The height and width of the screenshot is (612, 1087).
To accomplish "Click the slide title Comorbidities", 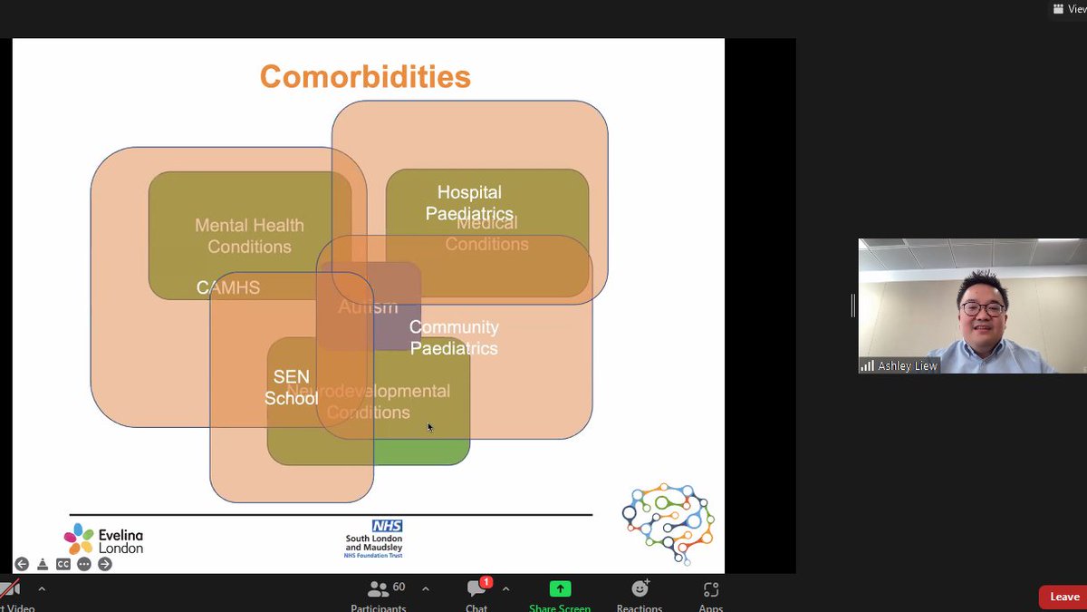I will (x=365, y=76).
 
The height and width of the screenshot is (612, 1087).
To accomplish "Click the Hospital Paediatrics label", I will (x=469, y=202).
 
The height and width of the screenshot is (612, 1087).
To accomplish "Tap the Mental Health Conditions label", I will (x=249, y=236).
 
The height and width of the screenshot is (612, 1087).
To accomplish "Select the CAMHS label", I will (x=228, y=288).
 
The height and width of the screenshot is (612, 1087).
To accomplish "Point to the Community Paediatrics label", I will (x=454, y=337).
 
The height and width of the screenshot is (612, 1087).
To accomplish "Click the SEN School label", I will (x=291, y=387).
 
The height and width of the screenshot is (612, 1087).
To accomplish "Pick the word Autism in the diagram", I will (x=368, y=307).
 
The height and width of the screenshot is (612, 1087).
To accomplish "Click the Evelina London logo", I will (x=103, y=539).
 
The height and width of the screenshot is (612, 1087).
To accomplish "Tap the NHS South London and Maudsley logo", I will (x=374, y=538).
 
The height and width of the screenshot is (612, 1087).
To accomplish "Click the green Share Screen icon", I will (x=560, y=588).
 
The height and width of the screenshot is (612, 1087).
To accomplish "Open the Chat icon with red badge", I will (x=476, y=588).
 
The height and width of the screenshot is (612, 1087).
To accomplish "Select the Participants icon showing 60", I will (x=379, y=588).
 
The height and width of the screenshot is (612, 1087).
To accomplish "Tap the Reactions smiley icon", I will (x=640, y=588).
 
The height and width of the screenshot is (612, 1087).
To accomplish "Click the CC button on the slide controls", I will (x=63, y=564).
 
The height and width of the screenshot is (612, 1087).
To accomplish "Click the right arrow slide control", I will (x=105, y=564).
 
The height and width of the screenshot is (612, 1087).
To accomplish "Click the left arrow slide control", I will (x=22, y=564).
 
